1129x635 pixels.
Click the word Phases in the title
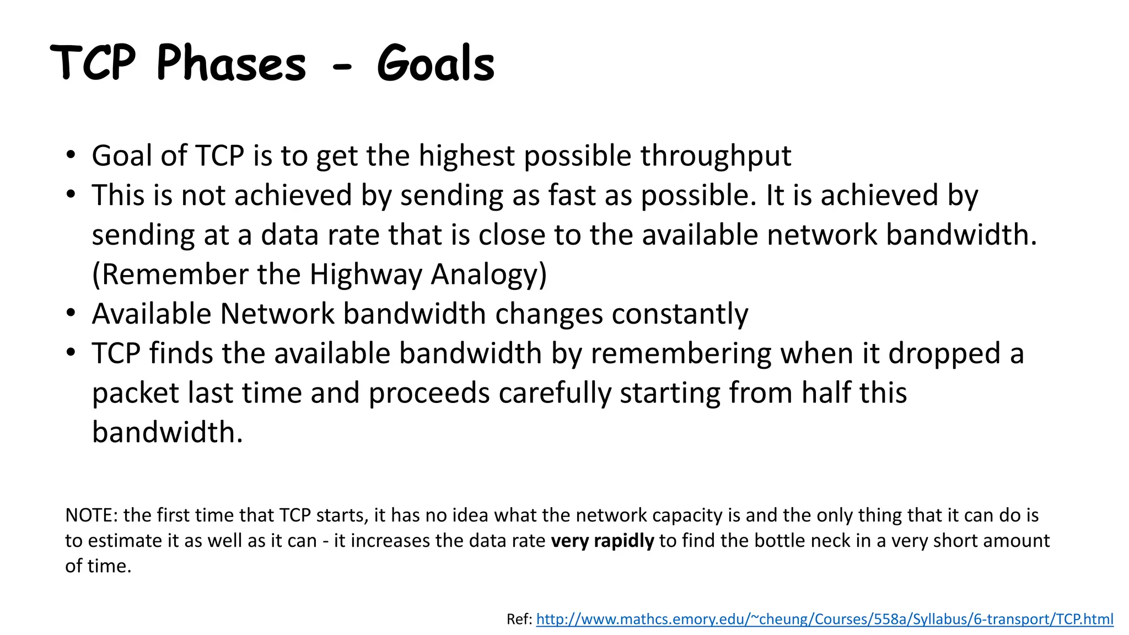pos(231,63)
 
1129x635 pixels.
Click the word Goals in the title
pos(436,63)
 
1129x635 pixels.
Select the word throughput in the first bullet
pos(716,156)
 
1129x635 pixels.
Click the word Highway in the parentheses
pos(365,275)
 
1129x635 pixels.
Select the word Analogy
pos(488,275)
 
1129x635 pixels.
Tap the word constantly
pos(680,314)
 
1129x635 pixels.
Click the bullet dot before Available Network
pos(71,313)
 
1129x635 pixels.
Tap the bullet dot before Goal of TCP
pos(71,155)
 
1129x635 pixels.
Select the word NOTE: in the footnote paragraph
pos(92,515)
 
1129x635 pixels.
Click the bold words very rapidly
pos(602,541)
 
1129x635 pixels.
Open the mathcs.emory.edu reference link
pos(824,620)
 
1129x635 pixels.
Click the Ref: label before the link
pos(519,620)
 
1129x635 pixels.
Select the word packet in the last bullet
pos(136,394)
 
